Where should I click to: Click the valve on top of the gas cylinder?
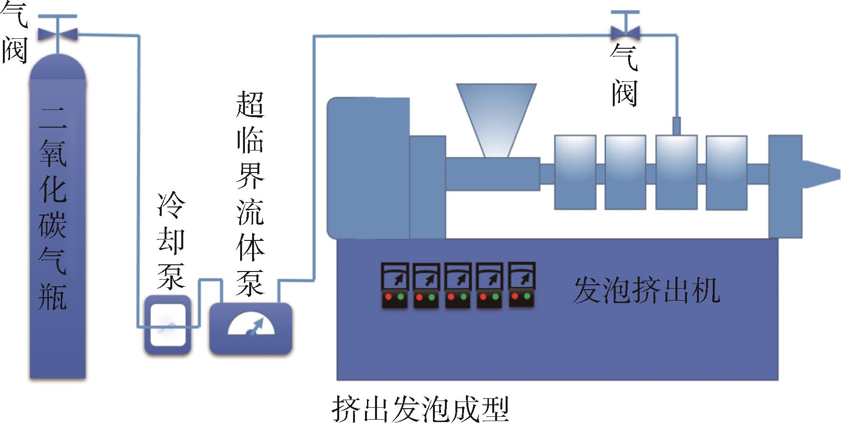coord(58,33)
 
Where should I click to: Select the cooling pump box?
coord(168,325)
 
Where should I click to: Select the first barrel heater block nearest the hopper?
coord(575,172)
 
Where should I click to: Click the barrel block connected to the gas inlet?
coord(676,172)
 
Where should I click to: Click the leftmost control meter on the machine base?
coord(395,285)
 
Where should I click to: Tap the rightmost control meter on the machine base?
coord(521,284)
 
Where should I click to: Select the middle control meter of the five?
coord(458,285)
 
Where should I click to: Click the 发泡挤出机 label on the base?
coord(646,290)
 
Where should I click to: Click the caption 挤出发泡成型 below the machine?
coord(420,409)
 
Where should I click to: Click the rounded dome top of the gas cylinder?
coord(58,67)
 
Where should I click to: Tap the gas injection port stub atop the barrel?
coord(676,126)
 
